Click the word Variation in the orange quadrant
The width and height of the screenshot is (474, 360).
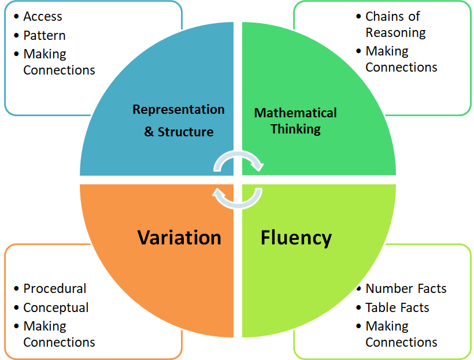[x=179, y=237]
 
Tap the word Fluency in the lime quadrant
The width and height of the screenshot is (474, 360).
[x=296, y=237]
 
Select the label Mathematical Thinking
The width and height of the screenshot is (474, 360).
[x=295, y=121]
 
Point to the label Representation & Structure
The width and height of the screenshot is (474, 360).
[x=179, y=120]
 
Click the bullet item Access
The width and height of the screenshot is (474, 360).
[x=42, y=17]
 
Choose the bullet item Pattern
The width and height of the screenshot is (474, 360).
[x=44, y=35]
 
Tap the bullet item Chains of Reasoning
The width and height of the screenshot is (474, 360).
[x=395, y=24]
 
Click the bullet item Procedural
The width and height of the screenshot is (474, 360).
[x=54, y=288]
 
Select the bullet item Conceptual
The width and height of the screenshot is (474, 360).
[x=55, y=307]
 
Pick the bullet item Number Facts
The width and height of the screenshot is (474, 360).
[x=406, y=288]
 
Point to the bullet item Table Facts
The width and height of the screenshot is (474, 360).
[x=397, y=307]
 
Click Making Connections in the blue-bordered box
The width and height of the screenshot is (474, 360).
[x=59, y=62]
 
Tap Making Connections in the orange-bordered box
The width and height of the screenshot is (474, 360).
[x=59, y=334]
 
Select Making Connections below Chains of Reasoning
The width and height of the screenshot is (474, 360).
[x=401, y=59]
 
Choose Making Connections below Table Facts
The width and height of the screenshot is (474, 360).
[x=401, y=334]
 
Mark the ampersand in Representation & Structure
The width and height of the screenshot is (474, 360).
[x=149, y=132]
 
